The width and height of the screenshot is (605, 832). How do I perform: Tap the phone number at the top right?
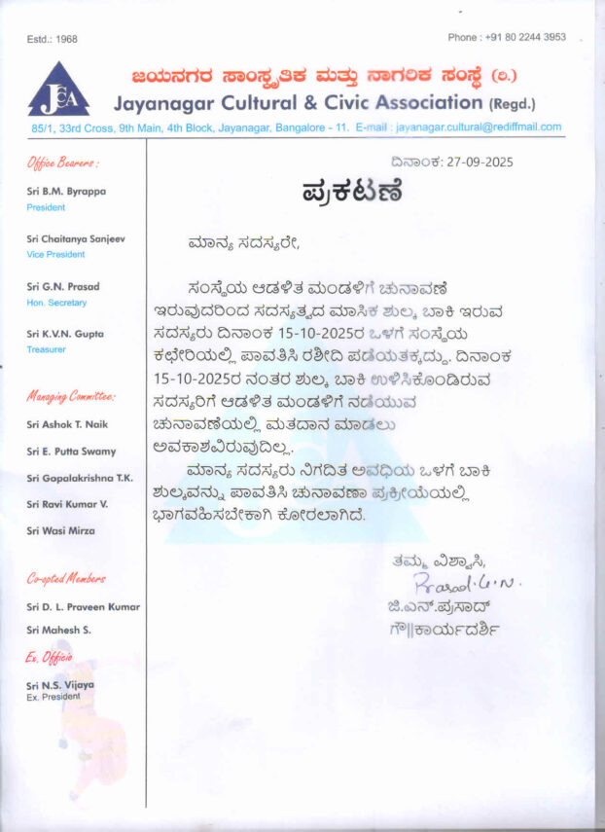coord(507,37)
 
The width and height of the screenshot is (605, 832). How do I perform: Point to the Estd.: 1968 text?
coord(53,39)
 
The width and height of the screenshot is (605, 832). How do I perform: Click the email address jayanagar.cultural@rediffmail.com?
coord(480,127)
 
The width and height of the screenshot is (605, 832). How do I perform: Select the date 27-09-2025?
coord(478,163)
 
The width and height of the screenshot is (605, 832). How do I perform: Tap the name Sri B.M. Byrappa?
coord(67,192)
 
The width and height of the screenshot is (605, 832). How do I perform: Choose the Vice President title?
coord(55,255)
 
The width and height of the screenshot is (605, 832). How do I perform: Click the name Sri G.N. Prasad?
coord(63,287)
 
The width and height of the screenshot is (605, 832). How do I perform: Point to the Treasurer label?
coord(46,349)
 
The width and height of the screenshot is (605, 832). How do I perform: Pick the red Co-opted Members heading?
coord(66,579)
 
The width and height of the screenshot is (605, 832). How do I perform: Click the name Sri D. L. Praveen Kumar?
coord(84,607)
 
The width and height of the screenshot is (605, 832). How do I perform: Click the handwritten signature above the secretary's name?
coord(453,584)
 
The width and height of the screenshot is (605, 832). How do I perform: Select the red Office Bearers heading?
coord(62,163)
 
